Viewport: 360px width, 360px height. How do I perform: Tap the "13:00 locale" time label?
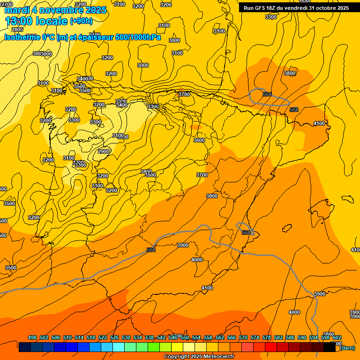[37, 21]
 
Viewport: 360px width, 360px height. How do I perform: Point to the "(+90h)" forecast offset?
[81, 21]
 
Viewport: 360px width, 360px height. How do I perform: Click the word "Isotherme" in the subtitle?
[22, 37]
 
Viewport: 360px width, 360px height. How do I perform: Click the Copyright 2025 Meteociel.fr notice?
[199, 356]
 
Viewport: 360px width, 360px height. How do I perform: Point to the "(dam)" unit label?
[347, 348]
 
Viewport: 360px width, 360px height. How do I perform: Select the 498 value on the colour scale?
[32, 337]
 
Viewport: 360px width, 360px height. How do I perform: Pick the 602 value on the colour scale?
[337, 337]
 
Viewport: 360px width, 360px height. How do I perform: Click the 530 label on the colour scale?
[126, 337]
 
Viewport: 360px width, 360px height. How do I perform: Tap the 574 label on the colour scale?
[255, 337]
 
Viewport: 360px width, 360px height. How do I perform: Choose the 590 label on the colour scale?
[302, 337]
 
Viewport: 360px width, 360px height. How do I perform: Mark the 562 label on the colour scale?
[220, 337]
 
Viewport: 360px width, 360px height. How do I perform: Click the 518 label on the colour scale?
[91, 337]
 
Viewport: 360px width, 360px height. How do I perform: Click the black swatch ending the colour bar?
[330, 348]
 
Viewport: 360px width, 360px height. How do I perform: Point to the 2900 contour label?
[104, 151]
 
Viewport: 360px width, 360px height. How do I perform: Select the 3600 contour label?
[199, 140]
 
